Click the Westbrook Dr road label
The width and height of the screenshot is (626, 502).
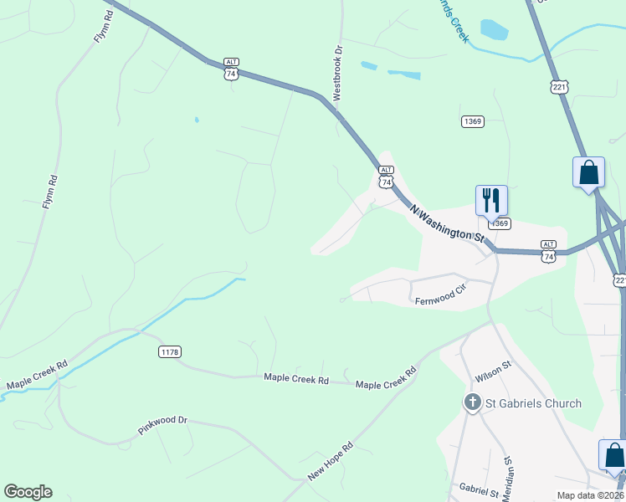pos(338,74)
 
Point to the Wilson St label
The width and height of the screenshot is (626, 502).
pos(492,366)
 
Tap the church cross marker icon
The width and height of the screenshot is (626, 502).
pos(472,403)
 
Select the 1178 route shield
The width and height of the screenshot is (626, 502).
pos(169,352)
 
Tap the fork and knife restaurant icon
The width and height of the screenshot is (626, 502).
pos(491,200)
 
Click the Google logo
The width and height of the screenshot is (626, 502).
pos(28,492)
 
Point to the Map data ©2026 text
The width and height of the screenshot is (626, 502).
pos(590,495)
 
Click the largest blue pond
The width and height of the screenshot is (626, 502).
pos(494,31)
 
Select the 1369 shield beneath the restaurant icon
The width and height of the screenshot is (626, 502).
pos(500,223)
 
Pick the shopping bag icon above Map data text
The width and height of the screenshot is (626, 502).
pos(614,455)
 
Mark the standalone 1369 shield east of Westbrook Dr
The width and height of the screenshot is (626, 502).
pos(472,122)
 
